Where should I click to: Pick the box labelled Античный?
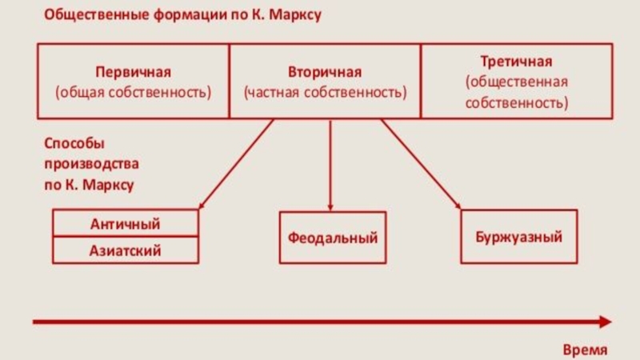(x=125, y=223)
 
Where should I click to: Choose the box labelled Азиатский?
(x=125, y=250)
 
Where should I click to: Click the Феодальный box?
(x=332, y=238)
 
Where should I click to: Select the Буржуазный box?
(x=518, y=237)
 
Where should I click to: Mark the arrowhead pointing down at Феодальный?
(x=330, y=207)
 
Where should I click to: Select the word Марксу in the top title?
(x=294, y=15)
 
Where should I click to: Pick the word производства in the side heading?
(x=90, y=164)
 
